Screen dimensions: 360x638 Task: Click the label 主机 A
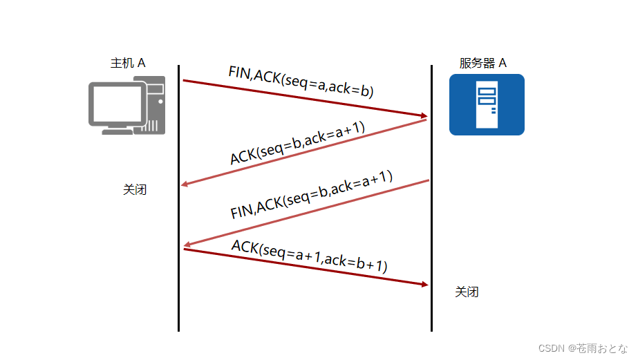tap(128, 63)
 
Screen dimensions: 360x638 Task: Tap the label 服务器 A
tap(482, 63)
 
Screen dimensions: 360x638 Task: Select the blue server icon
tap(487, 104)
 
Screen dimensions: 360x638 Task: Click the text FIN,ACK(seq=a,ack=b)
tap(301, 82)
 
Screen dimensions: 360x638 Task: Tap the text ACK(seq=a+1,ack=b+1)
tap(309, 255)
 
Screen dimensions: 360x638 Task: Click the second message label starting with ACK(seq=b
tap(297, 144)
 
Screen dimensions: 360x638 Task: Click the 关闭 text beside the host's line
tap(135, 189)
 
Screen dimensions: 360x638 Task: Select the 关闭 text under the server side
tap(467, 292)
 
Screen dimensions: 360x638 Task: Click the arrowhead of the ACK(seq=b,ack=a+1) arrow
tap(185, 184)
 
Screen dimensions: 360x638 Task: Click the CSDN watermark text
tap(583, 348)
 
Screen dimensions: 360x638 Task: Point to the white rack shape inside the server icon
tap(487, 105)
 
